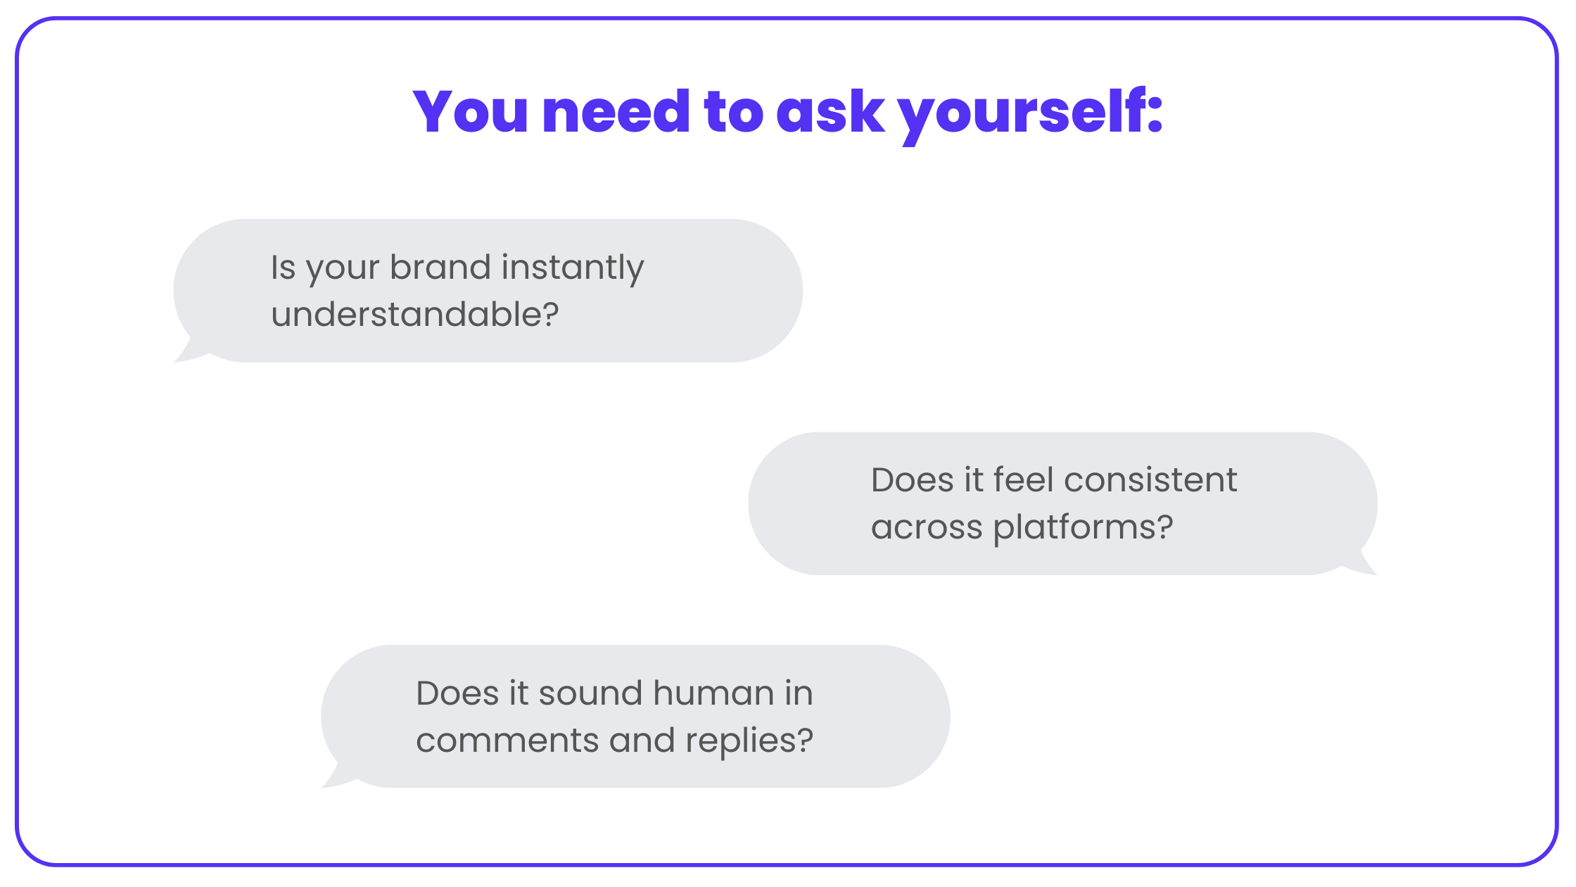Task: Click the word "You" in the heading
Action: [470, 111]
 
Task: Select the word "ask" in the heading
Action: [830, 111]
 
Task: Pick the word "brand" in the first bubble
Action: [440, 268]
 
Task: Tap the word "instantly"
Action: [572, 270]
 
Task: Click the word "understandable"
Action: [406, 314]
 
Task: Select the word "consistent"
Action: [1150, 481]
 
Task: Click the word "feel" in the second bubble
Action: [1024, 480]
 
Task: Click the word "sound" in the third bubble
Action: [590, 693]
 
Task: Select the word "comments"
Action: [507, 741]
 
